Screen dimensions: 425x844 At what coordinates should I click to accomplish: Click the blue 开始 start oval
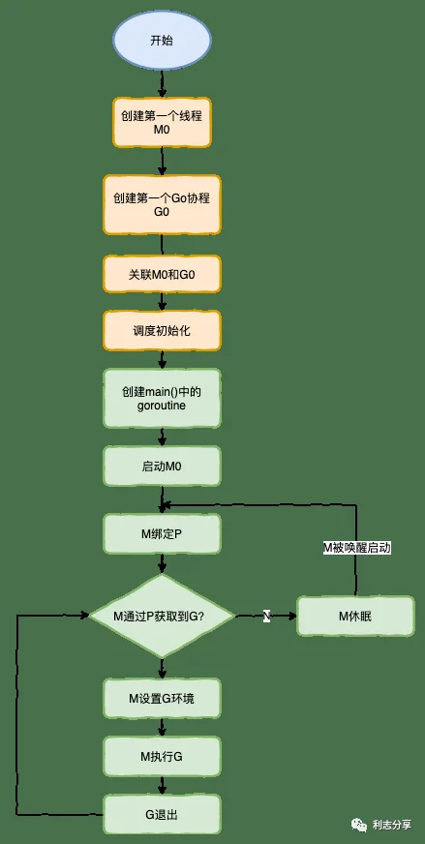click(162, 41)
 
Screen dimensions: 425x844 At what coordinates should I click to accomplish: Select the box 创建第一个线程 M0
click(162, 123)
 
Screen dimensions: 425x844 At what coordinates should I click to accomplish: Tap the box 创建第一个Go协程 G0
click(162, 204)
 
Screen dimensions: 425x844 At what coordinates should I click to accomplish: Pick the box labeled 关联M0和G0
click(162, 275)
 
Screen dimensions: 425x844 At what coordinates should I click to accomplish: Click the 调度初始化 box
click(162, 331)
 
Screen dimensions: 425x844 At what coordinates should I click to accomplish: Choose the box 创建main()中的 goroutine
click(162, 399)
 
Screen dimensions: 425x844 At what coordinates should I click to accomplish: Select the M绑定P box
click(162, 533)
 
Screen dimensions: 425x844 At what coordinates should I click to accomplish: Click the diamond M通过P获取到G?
click(162, 616)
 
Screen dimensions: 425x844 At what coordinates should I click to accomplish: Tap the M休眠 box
click(355, 617)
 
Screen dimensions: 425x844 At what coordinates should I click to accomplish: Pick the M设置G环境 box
click(162, 699)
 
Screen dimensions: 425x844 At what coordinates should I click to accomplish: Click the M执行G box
click(162, 756)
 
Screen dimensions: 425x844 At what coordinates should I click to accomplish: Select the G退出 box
click(162, 814)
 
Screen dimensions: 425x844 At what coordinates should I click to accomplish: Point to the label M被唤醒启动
click(356, 549)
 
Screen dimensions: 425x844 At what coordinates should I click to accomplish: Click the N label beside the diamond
click(266, 617)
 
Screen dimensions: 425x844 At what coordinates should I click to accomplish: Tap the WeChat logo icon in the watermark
click(359, 824)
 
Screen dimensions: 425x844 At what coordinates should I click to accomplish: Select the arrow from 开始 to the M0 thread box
click(162, 84)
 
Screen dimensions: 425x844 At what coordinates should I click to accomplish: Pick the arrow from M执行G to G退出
click(162, 786)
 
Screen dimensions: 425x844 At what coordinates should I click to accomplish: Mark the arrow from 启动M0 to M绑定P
click(162, 499)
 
